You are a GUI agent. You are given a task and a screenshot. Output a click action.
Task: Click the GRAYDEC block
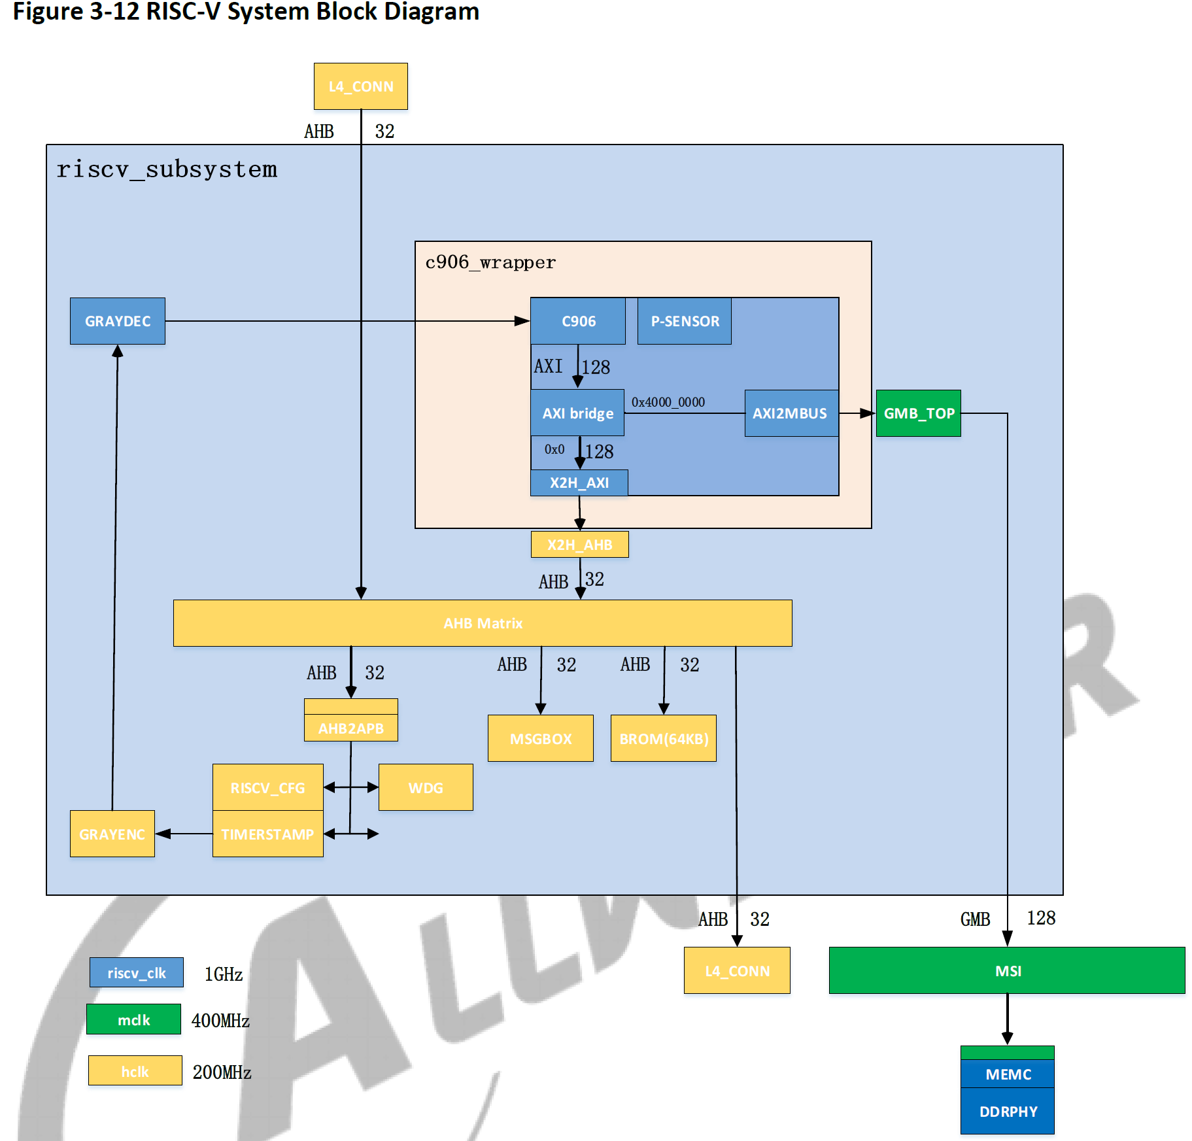click(118, 321)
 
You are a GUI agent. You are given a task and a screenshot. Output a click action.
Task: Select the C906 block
click(578, 321)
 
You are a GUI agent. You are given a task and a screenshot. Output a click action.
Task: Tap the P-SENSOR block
click(684, 321)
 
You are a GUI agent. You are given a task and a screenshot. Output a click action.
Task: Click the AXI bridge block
click(577, 413)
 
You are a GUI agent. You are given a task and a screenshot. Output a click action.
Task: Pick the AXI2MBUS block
click(791, 413)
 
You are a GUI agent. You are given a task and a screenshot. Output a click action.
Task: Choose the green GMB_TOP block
click(918, 413)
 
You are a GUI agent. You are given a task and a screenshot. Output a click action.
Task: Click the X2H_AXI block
click(579, 483)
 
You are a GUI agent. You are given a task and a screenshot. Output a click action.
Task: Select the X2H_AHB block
click(579, 545)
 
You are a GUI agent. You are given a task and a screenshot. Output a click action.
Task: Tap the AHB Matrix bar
click(483, 623)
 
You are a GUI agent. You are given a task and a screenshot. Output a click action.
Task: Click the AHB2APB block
click(350, 727)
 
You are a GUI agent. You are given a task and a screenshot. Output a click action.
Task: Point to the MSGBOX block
click(541, 738)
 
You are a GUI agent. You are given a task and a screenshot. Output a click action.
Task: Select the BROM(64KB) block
click(664, 738)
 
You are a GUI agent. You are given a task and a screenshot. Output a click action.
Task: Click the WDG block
click(426, 787)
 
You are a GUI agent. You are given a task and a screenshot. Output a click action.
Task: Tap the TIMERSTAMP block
click(267, 834)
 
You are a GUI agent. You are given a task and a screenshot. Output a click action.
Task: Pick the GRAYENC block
click(112, 834)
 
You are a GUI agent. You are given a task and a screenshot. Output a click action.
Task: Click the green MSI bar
click(1007, 970)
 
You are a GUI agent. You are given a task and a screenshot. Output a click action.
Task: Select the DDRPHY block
click(1008, 1111)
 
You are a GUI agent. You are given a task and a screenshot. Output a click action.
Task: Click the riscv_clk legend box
click(137, 972)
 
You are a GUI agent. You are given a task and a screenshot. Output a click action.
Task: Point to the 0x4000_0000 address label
click(668, 402)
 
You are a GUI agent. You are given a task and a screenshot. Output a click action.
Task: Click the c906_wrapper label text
click(490, 263)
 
